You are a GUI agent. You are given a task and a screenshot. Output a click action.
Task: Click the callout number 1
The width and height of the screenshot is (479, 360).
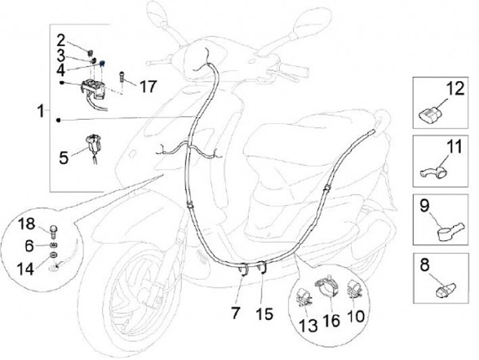[43, 111]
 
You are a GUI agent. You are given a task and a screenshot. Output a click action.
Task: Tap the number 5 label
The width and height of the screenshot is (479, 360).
[64, 158]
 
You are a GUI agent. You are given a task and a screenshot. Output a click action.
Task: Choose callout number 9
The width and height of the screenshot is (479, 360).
[424, 208]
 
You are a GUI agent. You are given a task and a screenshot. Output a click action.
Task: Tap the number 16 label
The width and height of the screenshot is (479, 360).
[331, 320]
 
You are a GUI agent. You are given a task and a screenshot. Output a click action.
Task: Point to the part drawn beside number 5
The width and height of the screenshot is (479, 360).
[92, 145]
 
